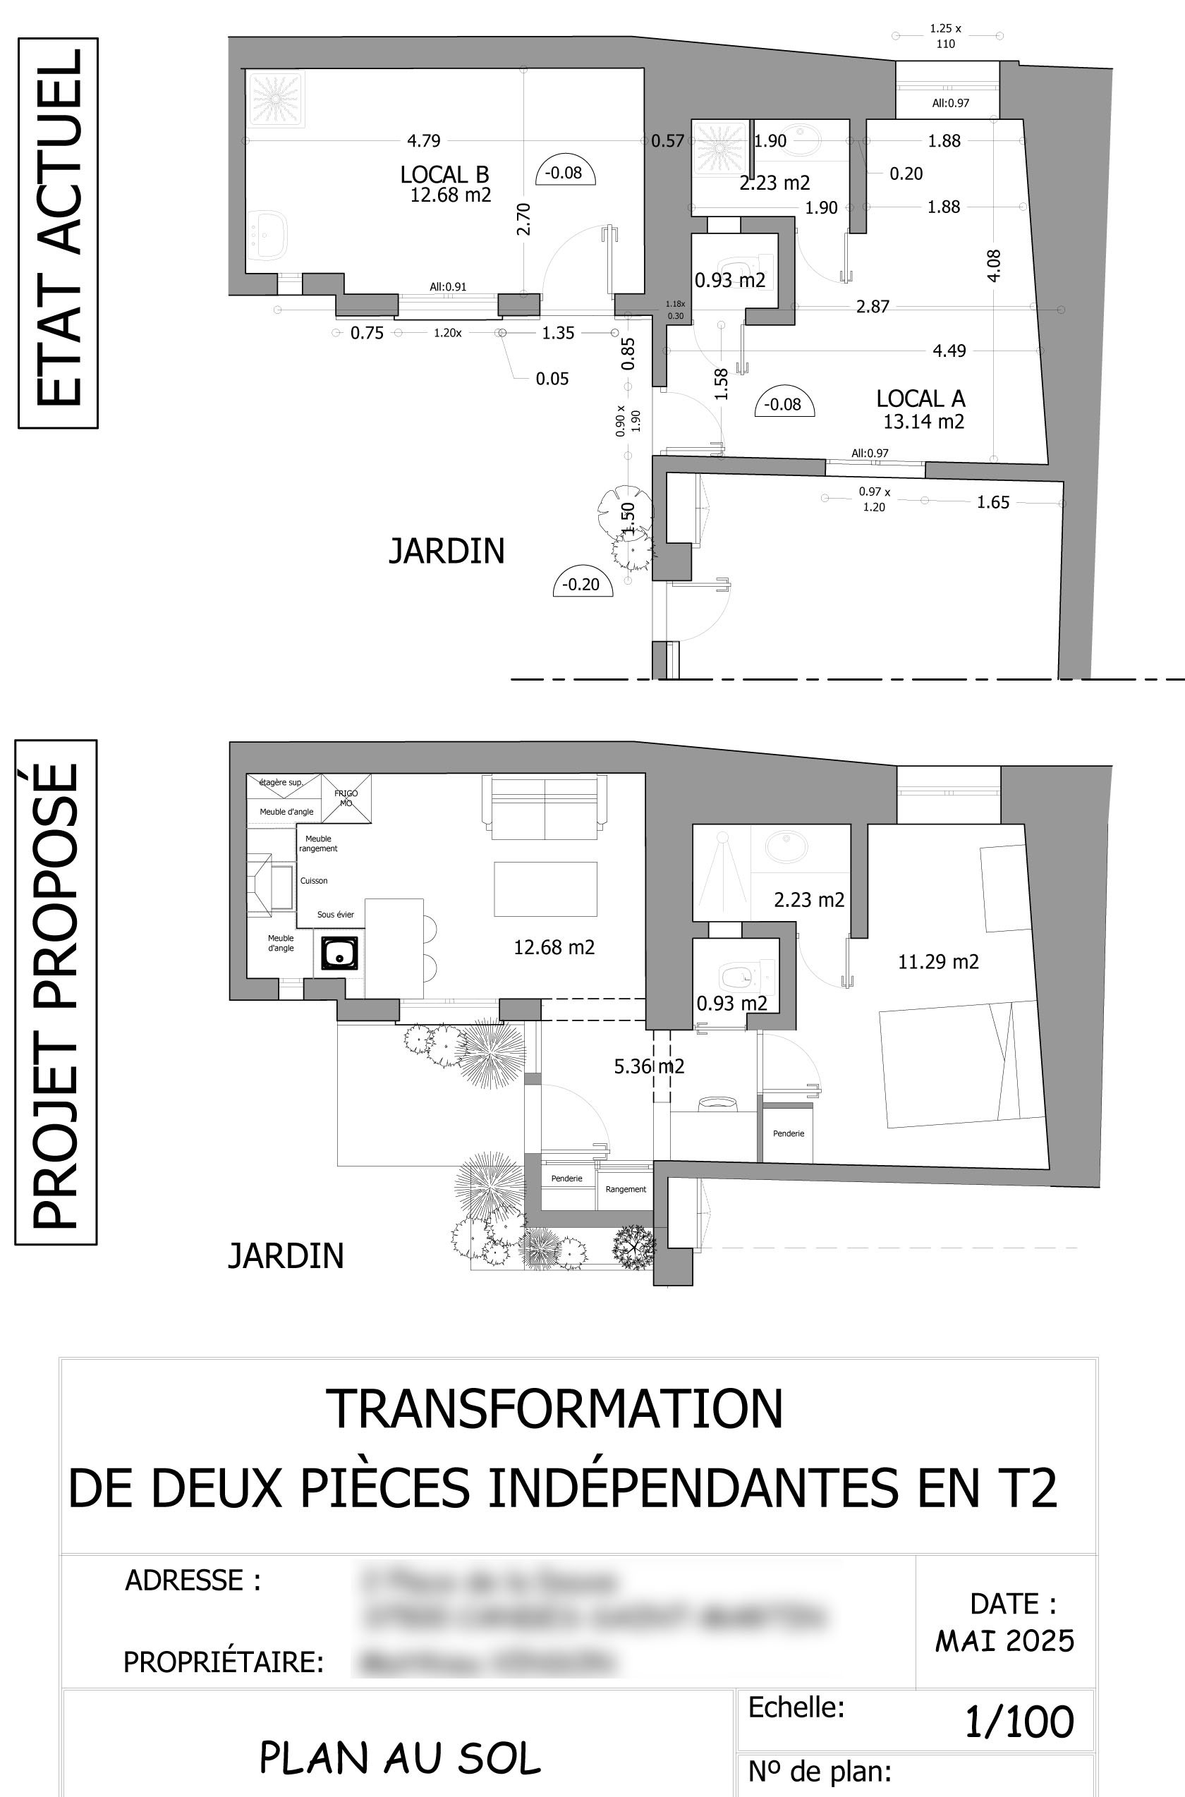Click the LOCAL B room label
point(444,175)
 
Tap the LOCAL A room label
point(920,398)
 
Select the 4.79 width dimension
point(423,140)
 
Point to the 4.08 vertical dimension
point(995,265)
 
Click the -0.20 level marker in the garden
point(581,584)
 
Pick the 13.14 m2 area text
point(923,422)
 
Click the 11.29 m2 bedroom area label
point(938,962)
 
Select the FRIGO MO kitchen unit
point(346,798)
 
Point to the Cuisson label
point(314,881)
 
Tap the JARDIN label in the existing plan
point(446,551)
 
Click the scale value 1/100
point(1019,1723)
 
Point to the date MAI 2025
point(1004,1640)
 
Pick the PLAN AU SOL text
point(400,1758)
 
